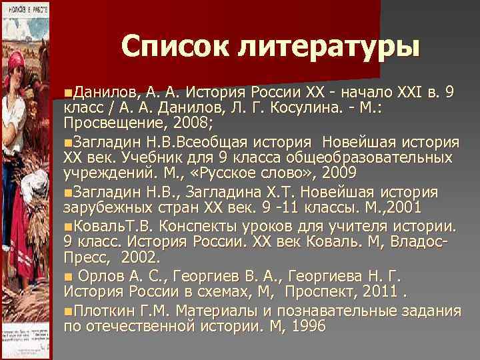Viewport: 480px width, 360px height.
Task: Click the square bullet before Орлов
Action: point(68,275)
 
